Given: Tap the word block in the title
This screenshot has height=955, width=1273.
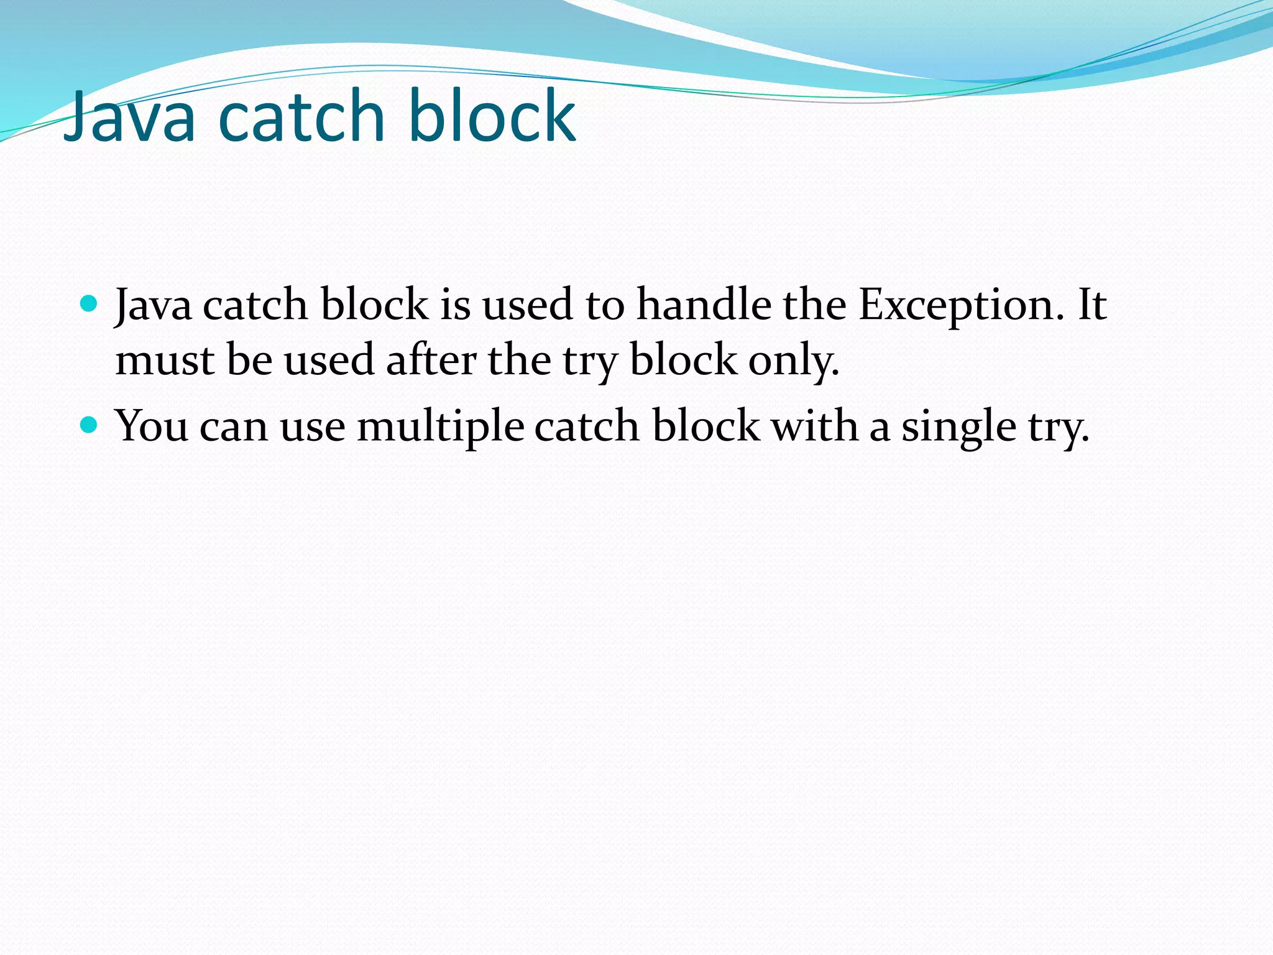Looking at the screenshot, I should [x=492, y=116].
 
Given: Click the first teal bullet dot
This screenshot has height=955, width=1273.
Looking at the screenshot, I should [x=90, y=303].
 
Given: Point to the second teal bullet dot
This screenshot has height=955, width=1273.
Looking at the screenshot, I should [x=90, y=425].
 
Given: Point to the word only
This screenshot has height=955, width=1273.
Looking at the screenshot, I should [x=793, y=361].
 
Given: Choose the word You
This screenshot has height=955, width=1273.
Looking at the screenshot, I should [x=152, y=427].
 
